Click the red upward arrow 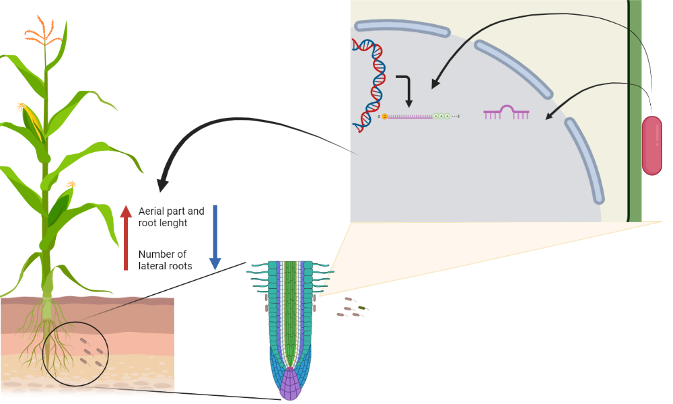click(126, 238)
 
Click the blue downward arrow click(215, 238)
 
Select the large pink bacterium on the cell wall click(652, 145)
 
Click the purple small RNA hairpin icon click(507, 112)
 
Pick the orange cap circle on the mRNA click(384, 116)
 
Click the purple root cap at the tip click(291, 384)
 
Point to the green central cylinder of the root click(291, 313)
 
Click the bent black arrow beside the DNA click(406, 90)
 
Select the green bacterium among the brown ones click(362, 308)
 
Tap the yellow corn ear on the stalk click(32, 121)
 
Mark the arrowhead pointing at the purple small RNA click(549, 115)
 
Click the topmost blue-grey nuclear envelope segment click(402, 28)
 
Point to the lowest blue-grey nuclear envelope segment click(585, 160)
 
